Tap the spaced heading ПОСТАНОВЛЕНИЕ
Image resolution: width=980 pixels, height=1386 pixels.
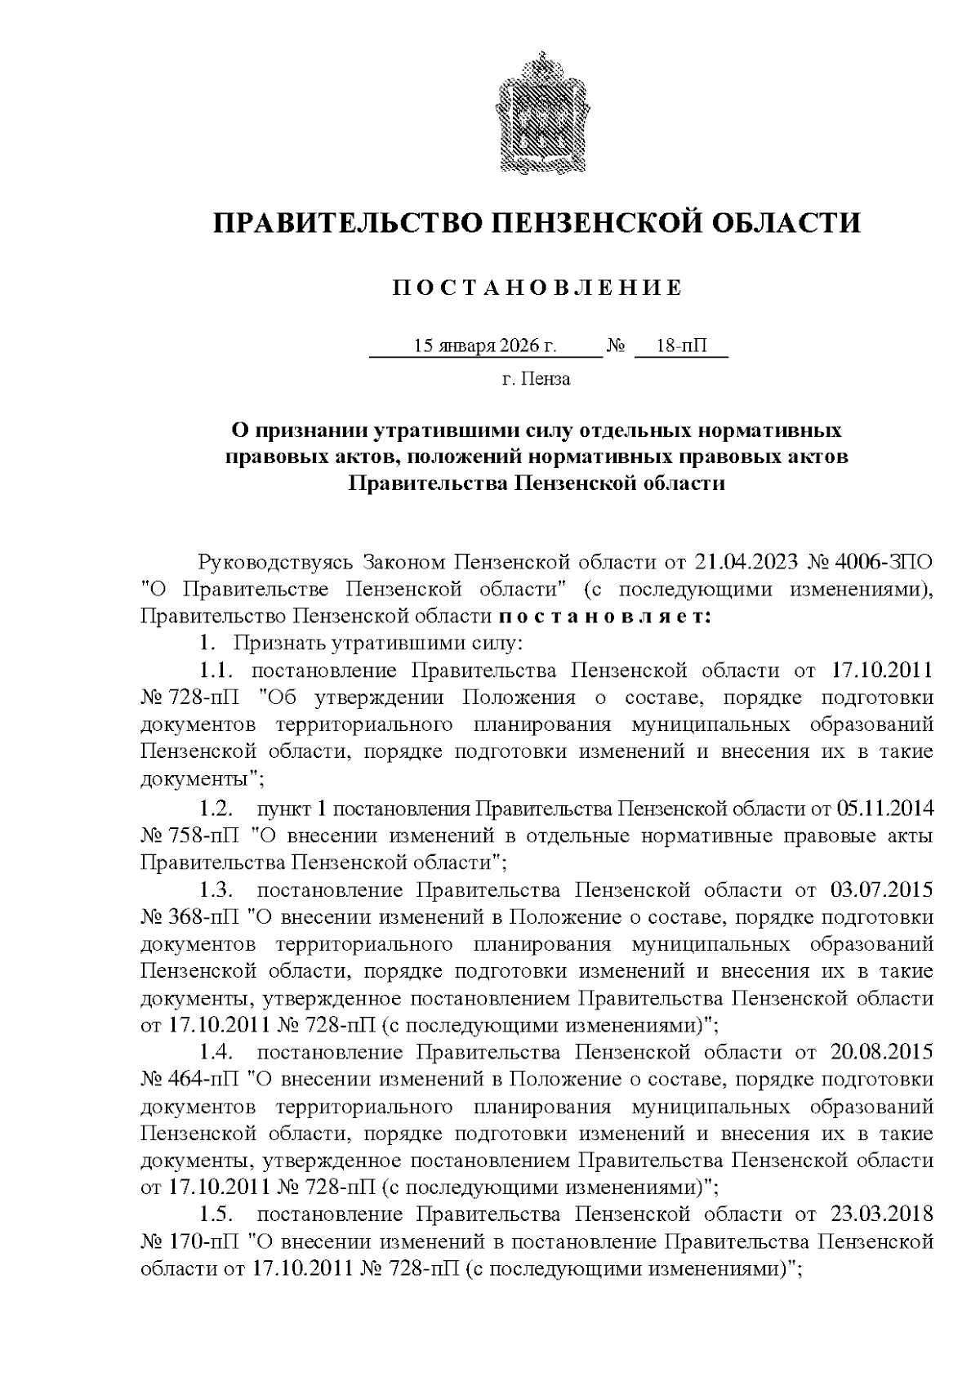537,288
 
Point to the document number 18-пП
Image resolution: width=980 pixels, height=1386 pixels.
681,345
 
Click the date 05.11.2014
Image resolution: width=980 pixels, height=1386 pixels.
885,809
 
